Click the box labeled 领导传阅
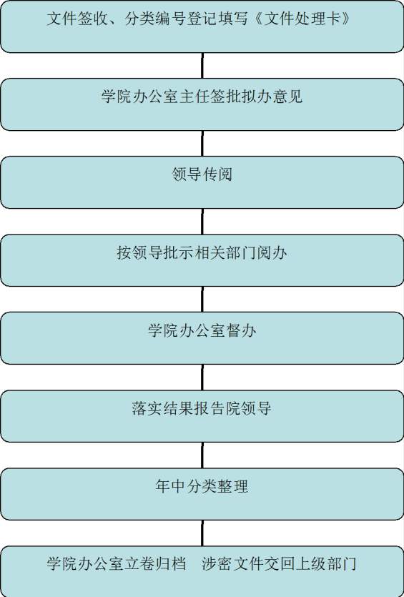202,182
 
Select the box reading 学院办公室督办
202,338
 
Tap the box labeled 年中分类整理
202,494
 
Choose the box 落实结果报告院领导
202,416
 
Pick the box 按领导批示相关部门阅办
202,260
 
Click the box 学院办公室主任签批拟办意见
202,104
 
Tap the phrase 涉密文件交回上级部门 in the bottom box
279,563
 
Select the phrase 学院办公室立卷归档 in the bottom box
117,563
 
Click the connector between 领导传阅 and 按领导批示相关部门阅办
202,221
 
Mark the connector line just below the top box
202,66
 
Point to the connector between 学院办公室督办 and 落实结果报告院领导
202,377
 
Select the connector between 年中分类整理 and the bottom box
202,533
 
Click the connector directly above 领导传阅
202,143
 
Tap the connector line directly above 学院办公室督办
202,300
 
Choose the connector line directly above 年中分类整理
202,455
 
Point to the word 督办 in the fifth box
241,330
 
